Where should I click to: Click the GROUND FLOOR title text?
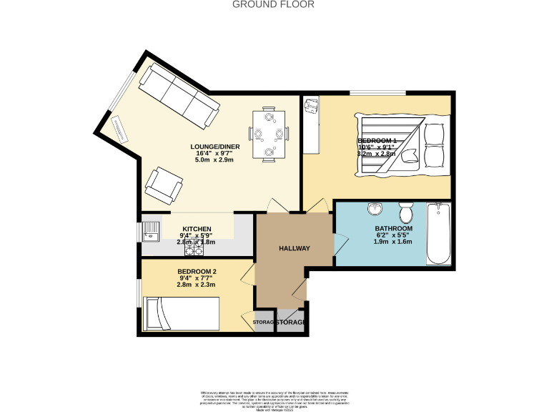point(274,4)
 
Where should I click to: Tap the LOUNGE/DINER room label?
point(216,147)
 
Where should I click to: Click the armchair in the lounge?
point(162,185)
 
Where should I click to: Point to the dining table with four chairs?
point(269,133)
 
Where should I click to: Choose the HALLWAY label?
point(294,248)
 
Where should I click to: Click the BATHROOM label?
point(394,229)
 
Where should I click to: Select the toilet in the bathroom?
point(405,212)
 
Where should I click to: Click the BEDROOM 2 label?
point(197,271)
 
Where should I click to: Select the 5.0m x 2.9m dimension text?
point(216,160)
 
